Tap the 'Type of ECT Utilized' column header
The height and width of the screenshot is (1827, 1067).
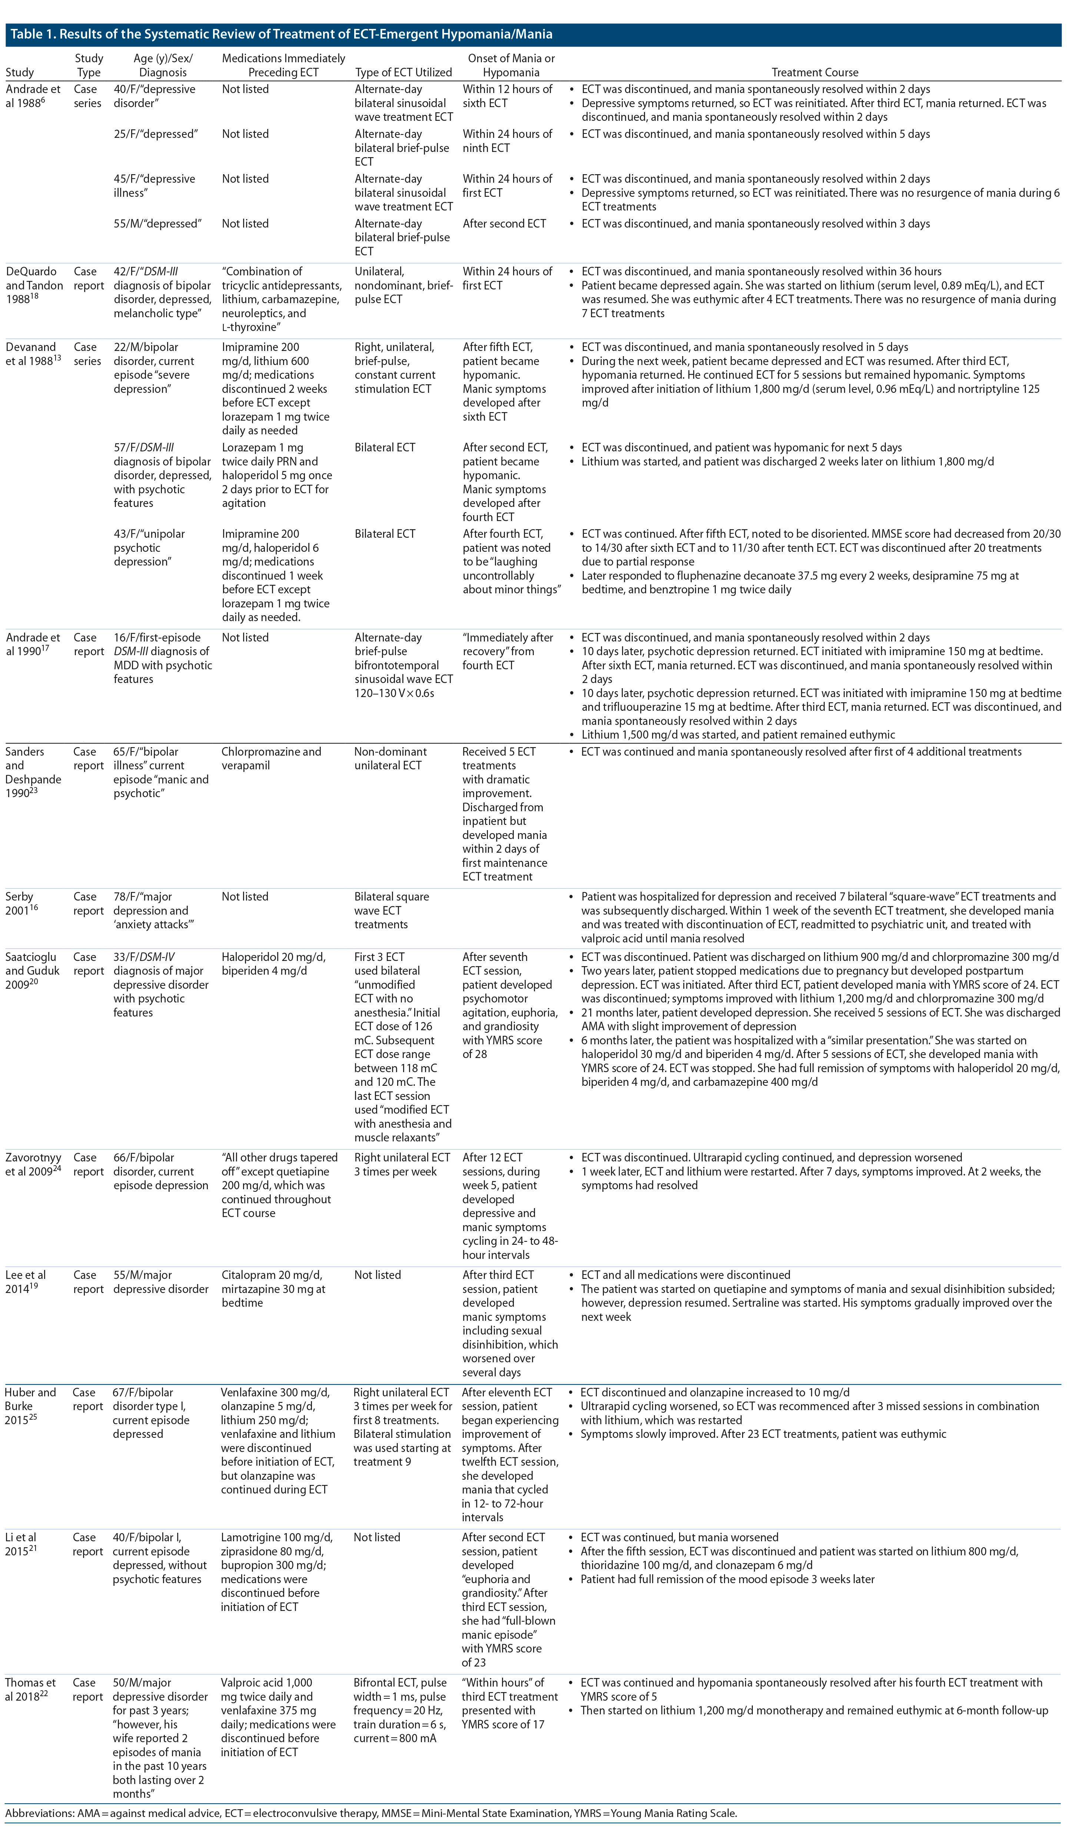[403, 73]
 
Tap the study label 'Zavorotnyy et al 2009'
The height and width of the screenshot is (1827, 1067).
[33, 1164]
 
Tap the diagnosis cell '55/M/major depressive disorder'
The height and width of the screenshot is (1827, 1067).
[161, 1282]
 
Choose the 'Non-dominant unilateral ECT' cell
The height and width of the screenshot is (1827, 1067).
[390, 758]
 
